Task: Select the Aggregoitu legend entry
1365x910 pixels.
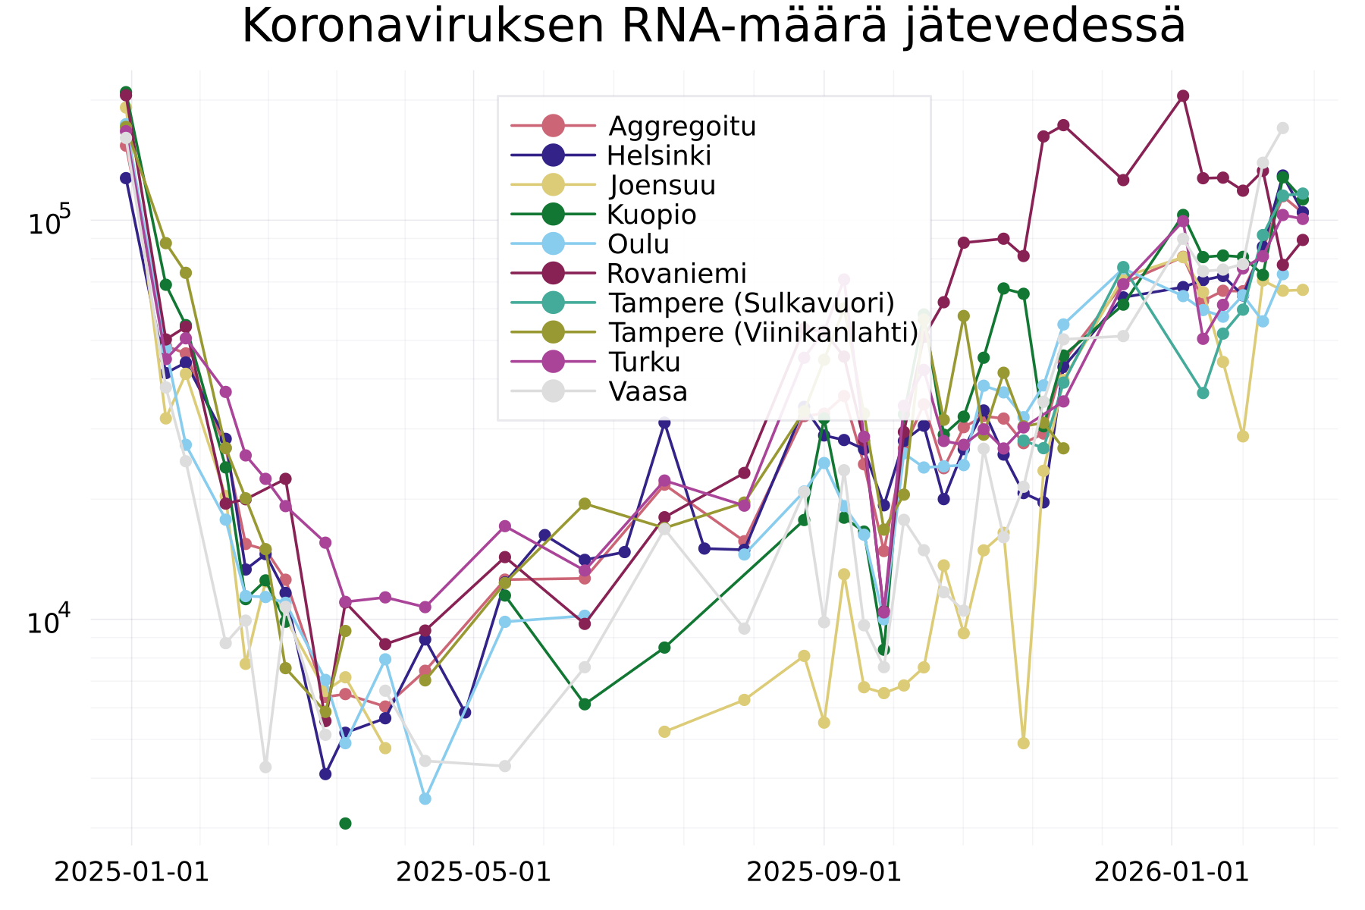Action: pyautogui.click(x=682, y=126)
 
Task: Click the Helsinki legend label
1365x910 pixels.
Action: pyautogui.click(x=659, y=155)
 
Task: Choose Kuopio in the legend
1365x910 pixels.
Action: pyautogui.click(x=651, y=215)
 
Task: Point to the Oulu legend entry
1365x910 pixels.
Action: pyautogui.click(x=639, y=244)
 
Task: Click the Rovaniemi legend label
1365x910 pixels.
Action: pyautogui.click(x=676, y=273)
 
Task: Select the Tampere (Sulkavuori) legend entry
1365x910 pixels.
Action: pyautogui.click(x=751, y=303)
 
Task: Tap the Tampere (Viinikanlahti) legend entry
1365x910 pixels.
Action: pyautogui.click(x=763, y=332)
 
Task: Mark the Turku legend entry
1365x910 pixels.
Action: pyautogui.click(x=644, y=362)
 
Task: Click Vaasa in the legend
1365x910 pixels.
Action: pyautogui.click(x=648, y=391)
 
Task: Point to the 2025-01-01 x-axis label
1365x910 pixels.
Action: pyautogui.click(x=132, y=872)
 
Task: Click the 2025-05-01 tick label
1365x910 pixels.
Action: pyautogui.click(x=474, y=872)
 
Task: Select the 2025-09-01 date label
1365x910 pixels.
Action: pyautogui.click(x=824, y=872)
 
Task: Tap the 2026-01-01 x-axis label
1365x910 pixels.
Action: pyautogui.click(x=1172, y=872)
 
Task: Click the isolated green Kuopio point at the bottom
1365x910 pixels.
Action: pyautogui.click(x=345, y=824)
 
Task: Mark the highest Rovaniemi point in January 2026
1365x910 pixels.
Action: pyautogui.click(x=1183, y=96)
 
